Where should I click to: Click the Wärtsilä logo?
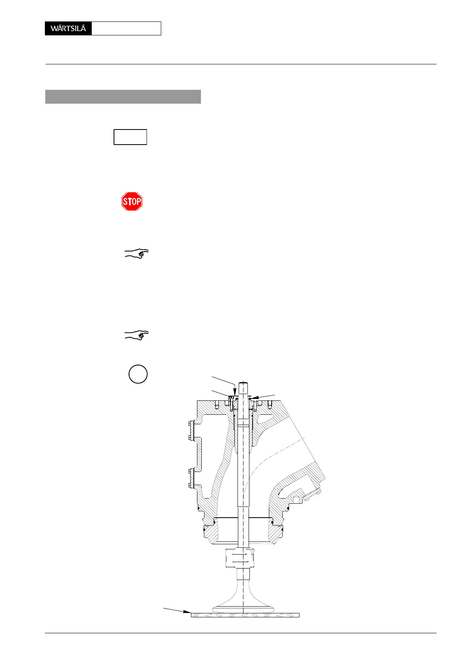[x=68, y=29]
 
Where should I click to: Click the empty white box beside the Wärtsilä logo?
[x=126, y=29]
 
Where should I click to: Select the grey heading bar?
[x=123, y=97]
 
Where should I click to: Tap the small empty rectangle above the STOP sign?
[x=130, y=137]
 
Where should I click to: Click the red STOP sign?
[x=132, y=201]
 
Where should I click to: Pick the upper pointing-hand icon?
[x=137, y=253]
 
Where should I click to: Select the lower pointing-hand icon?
[x=137, y=335]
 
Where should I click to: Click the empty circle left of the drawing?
[x=138, y=374]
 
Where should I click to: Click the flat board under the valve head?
[x=245, y=615]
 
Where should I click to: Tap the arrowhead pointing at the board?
[x=188, y=612]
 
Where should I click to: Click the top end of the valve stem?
[x=243, y=384]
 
